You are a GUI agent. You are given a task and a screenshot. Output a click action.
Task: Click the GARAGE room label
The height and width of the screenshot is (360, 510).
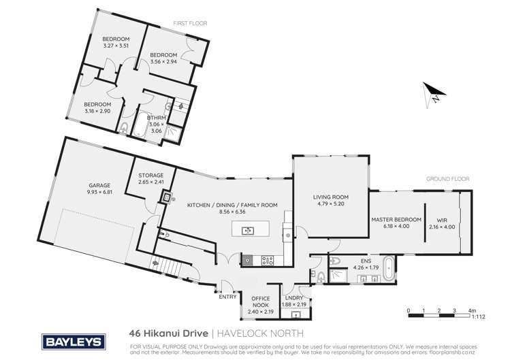[99, 185]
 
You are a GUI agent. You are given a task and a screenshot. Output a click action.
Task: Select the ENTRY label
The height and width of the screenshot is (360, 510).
[227, 296]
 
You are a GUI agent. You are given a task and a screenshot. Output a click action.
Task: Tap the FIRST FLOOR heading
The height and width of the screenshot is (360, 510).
[191, 23]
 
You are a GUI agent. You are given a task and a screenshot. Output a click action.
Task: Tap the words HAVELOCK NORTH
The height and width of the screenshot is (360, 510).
[257, 334]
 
